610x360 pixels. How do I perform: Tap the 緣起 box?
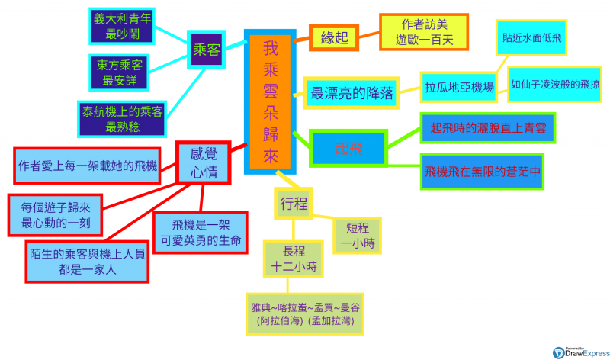click(332, 37)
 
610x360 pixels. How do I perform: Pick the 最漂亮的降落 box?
click(352, 93)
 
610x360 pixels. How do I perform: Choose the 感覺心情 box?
click(203, 162)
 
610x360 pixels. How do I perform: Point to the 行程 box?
click(293, 203)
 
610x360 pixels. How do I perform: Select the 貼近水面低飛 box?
click(532, 37)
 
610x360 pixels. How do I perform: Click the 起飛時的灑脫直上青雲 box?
click(488, 127)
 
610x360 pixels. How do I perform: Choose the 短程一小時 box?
click(357, 235)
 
